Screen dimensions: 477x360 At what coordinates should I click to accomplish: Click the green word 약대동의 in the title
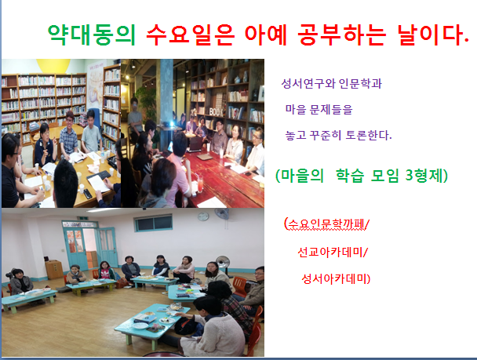tap(92, 35)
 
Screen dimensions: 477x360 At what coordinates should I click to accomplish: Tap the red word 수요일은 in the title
tap(191, 35)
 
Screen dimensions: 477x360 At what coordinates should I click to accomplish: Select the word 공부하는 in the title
tap(342, 35)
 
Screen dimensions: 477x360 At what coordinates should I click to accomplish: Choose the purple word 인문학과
tap(360, 83)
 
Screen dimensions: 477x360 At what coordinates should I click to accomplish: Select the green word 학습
tap(350, 176)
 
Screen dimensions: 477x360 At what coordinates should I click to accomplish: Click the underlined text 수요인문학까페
tap(326, 224)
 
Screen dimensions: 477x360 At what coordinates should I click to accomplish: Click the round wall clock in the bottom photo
tap(203, 216)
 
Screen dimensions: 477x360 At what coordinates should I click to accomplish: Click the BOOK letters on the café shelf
tap(217, 112)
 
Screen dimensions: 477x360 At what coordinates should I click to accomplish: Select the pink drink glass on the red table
tap(200, 183)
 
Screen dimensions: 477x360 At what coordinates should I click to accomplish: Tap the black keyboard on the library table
tap(99, 175)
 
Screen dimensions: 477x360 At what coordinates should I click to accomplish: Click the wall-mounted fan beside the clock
tap(222, 214)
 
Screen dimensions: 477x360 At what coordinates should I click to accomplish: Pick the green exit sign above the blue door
tap(82, 218)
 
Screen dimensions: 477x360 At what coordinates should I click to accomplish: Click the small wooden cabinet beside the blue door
tap(54, 269)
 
